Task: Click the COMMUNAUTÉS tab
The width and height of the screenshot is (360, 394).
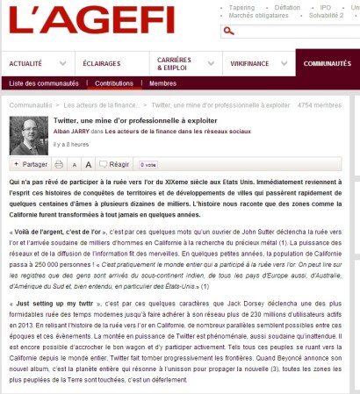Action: tap(328, 64)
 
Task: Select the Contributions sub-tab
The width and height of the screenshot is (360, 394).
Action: tap(114, 82)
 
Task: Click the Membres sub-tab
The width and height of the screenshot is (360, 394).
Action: tap(162, 82)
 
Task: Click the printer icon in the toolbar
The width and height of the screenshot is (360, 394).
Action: tap(59, 164)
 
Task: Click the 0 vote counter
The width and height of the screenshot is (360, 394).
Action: tap(149, 164)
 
